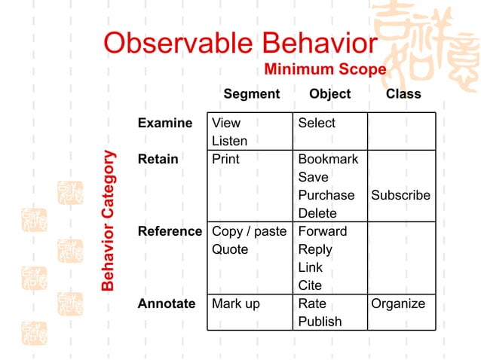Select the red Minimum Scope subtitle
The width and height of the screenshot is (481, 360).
pyautogui.click(x=325, y=70)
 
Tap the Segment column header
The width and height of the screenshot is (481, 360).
pyautogui.click(x=251, y=94)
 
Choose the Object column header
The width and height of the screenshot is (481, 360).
pyautogui.click(x=329, y=94)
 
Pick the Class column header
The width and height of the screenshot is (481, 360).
pyautogui.click(x=403, y=94)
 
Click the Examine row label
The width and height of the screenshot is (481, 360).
pyautogui.click(x=165, y=123)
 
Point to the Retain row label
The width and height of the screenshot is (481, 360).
pyautogui.click(x=158, y=159)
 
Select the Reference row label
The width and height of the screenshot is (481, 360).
pyautogui.click(x=170, y=231)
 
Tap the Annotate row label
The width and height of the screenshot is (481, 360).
pyautogui.click(x=166, y=304)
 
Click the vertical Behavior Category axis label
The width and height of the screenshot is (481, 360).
pyautogui.click(x=109, y=221)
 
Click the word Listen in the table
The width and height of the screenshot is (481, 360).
pyautogui.click(x=229, y=141)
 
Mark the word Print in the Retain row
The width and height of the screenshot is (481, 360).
pyautogui.click(x=225, y=159)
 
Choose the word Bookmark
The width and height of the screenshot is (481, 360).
pyautogui.click(x=328, y=159)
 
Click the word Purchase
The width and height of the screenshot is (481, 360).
pyautogui.click(x=326, y=195)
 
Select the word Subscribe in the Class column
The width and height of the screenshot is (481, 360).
pyautogui.click(x=400, y=195)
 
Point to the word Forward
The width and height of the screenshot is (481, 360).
pyautogui.click(x=323, y=231)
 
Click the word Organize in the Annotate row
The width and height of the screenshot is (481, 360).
pyautogui.click(x=398, y=304)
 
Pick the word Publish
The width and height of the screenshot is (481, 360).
pyautogui.click(x=320, y=322)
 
